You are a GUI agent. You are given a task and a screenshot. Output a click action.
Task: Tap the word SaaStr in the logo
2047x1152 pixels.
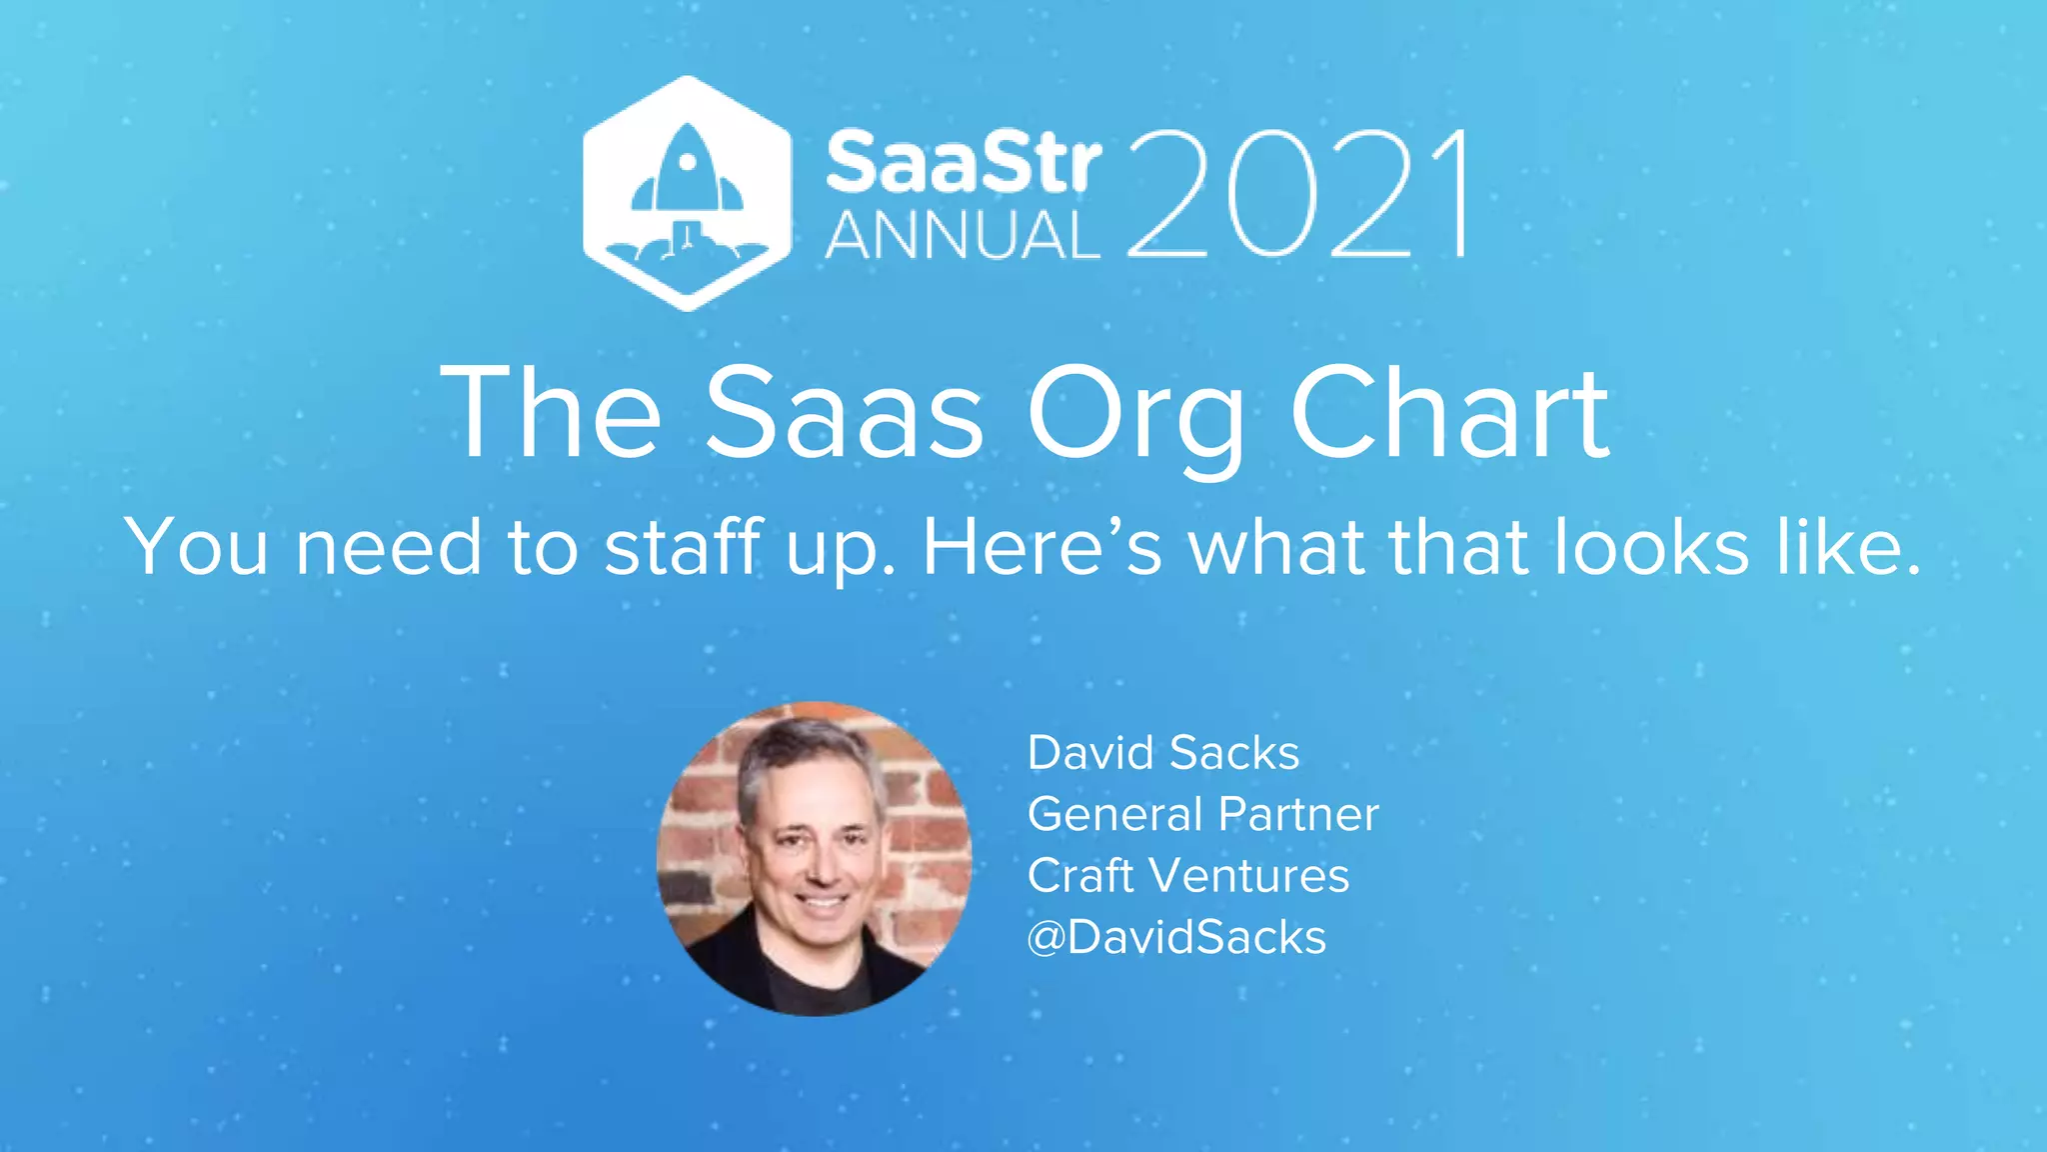[964, 162]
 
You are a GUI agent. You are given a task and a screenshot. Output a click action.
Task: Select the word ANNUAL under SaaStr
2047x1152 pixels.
[962, 236]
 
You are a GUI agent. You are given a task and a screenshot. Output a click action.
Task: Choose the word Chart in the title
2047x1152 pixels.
[1450, 412]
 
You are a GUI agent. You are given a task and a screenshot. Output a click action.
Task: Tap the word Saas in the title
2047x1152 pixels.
[845, 412]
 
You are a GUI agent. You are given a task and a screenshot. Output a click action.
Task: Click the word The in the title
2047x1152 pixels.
[551, 412]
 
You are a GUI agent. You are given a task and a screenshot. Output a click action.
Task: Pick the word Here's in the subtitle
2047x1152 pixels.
[1042, 547]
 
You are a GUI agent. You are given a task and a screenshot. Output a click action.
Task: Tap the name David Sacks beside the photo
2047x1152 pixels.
[1163, 753]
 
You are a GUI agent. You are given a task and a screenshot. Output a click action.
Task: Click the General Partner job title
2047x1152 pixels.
[1203, 814]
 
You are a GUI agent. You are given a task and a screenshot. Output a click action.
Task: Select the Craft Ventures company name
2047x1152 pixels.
[1188, 876]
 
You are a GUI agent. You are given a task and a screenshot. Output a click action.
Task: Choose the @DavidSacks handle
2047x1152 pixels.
[1176, 938]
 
